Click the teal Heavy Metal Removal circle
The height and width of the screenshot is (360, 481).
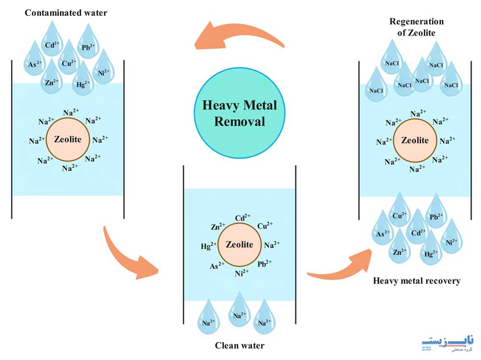pos(240,113)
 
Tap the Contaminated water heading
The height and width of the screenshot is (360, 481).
pos(66,13)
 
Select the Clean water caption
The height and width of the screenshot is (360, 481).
pos(240,345)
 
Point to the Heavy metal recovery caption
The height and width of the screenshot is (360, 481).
pos(417,281)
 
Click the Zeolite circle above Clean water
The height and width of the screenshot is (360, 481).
pos(240,244)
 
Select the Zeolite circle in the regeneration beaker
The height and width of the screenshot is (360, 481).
pos(415,141)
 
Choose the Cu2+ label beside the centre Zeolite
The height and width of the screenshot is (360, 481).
pos(265,225)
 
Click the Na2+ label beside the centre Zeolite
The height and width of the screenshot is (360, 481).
pos(272,244)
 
